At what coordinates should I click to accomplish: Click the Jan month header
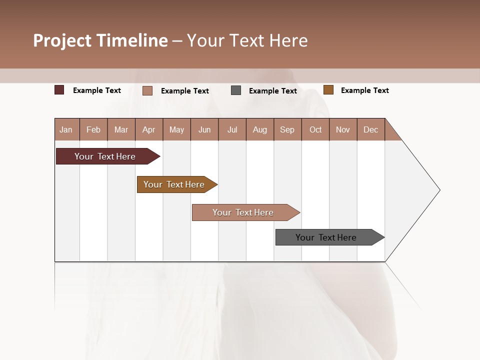pyautogui.click(x=66, y=129)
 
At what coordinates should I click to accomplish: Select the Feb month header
pyautogui.click(x=93, y=129)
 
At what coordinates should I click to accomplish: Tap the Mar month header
pyautogui.click(x=121, y=129)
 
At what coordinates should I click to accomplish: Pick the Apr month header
pyautogui.click(x=149, y=129)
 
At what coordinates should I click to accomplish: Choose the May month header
pyautogui.click(x=176, y=129)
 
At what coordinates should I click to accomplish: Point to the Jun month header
pyautogui.click(x=204, y=129)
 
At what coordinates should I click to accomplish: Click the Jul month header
pyautogui.click(x=232, y=129)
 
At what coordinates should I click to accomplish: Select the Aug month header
pyautogui.click(x=260, y=129)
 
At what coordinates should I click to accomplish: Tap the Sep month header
pyautogui.click(x=287, y=129)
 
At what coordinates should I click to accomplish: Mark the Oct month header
pyautogui.click(x=315, y=129)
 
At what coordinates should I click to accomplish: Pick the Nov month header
pyautogui.click(x=343, y=129)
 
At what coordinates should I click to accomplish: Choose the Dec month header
pyautogui.click(x=371, y=129)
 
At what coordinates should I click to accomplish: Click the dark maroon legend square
pyautogui.click(x=59, y=90)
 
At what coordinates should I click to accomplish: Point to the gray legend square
pyautogui.click(x=236, y=90)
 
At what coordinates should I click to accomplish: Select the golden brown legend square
pyautogui.click(x=328, y=90)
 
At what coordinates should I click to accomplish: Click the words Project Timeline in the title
pyautogui.click(x=100, y=40)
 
